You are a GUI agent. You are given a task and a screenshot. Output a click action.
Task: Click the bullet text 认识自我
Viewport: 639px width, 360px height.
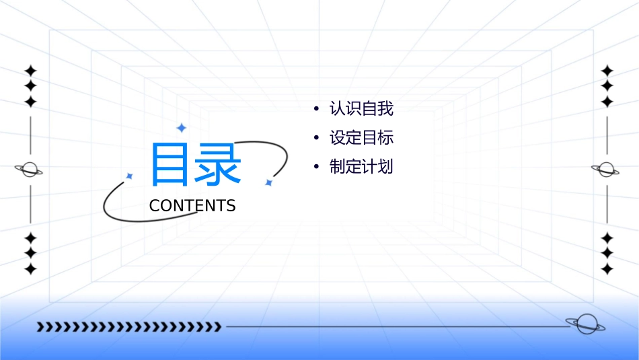point(361,108)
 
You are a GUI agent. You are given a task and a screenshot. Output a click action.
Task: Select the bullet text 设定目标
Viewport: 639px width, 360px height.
point(361,138)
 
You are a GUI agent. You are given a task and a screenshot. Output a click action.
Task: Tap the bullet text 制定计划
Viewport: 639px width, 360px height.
point(361,167)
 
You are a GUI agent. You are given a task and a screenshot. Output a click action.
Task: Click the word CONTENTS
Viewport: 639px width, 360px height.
point(192,206)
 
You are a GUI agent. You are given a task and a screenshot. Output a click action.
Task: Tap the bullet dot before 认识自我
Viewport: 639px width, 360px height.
point(315,109)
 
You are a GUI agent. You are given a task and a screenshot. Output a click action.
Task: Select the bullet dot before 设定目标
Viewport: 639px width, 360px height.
point(315,139)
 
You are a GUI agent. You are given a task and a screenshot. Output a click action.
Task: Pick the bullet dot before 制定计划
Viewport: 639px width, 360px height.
point(315,168)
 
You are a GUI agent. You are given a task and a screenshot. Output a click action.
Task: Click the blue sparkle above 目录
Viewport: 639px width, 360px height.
point(181,128)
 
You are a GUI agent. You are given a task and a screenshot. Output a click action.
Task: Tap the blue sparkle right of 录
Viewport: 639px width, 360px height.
point(268,182)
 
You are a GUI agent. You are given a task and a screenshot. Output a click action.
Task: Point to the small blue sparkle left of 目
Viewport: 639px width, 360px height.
point(130,176)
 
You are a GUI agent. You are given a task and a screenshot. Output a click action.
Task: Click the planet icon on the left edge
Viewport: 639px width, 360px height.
point(29,170)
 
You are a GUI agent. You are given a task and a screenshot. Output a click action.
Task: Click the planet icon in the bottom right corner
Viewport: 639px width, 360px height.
point(586,324)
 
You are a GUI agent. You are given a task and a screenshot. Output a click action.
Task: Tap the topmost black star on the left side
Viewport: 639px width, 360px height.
point(30,71)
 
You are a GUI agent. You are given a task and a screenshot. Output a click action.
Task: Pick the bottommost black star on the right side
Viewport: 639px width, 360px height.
point(607,269)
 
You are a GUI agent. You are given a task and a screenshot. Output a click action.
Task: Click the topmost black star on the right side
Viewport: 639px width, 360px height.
point(607,71)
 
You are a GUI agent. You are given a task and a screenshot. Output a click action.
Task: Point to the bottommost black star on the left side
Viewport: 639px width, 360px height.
point(30,269)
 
